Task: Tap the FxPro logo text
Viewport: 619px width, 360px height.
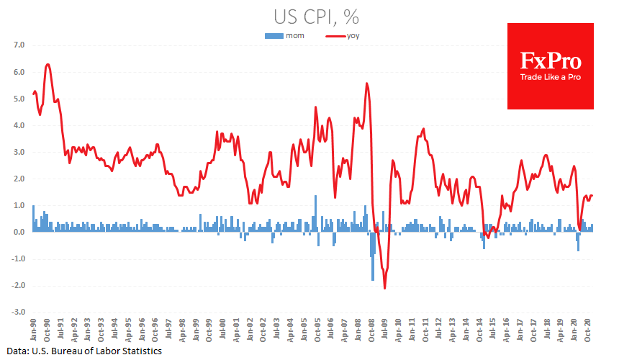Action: click(x=551, y=60)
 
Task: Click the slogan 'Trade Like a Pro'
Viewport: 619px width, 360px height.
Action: click(x=551, y=77)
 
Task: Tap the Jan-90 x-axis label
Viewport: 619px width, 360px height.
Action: click(x=34, y=328)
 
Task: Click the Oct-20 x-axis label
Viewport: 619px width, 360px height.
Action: click(x=588, y=328)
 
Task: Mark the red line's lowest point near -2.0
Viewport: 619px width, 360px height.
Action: click(x=384, y=288)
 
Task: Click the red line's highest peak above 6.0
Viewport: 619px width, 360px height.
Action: click(x=48, y=64)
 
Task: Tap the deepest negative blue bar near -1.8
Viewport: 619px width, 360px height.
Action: click(x=373, y=279)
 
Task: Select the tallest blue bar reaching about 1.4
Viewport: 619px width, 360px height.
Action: click(x=315, y=196)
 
